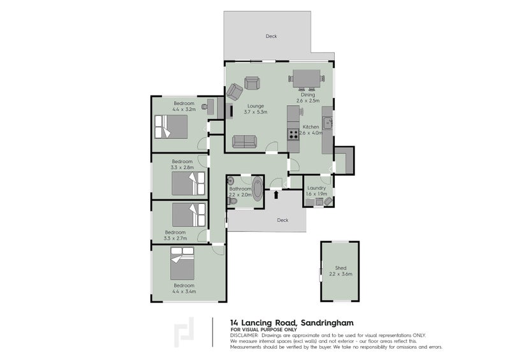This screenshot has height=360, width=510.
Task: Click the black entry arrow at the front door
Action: coord(275,195)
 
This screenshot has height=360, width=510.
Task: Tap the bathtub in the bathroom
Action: coord(257,190)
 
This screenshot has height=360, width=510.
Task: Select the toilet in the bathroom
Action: coord(233,201)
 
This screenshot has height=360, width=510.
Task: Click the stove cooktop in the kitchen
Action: coord(294,134)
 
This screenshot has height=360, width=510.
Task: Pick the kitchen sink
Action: coord(327,122)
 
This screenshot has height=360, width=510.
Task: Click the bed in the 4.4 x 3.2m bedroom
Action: coord(170,127)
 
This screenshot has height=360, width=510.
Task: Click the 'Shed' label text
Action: coord(340,268)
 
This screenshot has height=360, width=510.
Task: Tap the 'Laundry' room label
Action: coord(317,188)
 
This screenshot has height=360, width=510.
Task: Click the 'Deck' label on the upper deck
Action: coord(271,36)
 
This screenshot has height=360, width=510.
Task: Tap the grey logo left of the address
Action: coord(185,332)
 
